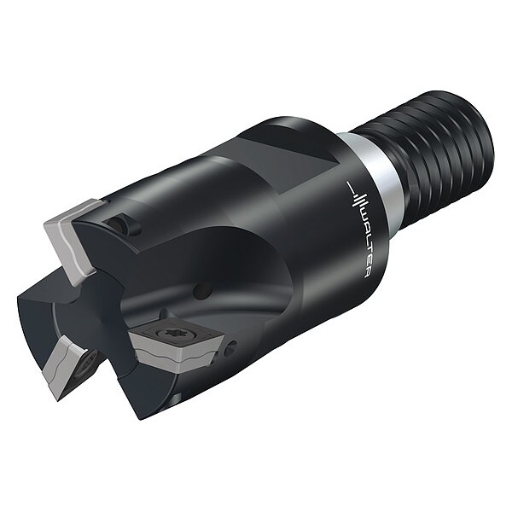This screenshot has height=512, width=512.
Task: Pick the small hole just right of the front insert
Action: pyautogui.click(x=229, y=349)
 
